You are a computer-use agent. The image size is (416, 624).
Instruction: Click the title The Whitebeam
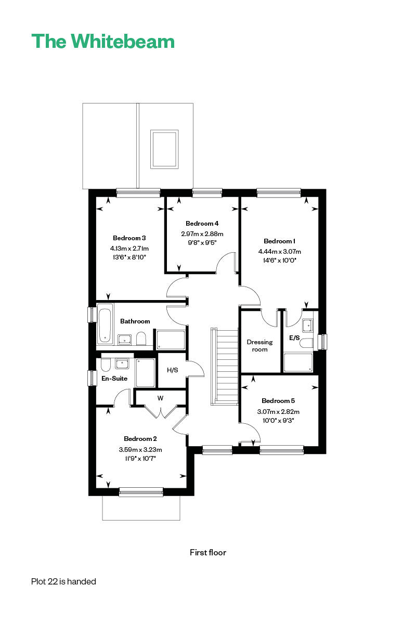point(103,41)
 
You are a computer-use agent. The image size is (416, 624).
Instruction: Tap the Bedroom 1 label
point(279,241)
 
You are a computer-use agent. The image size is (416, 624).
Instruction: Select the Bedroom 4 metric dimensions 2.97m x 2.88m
point(202,233)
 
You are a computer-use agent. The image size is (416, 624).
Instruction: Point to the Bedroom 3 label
point(129,238)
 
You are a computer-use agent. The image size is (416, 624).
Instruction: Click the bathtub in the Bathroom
point(105,323)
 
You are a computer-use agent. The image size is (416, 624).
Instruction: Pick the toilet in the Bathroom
point(141,339)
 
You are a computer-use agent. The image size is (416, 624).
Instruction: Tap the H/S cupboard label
point(172,370)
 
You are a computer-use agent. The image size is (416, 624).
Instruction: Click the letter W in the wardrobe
point(160,398)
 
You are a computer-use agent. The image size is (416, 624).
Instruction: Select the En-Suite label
point(114,379)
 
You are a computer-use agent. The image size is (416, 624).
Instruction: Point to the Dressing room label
point(259,345)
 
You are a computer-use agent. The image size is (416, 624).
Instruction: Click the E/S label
point(294,338)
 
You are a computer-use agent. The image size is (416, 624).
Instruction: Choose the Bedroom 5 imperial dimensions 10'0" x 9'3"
point(278,420)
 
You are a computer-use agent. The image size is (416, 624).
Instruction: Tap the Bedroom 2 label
point(140,439)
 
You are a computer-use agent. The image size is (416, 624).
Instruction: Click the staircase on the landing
point(225,366)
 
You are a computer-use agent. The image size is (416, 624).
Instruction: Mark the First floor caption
point(208,552)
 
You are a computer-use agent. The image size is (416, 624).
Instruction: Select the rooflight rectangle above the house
point(164,149)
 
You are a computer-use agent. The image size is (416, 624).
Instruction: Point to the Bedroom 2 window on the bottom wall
point(141,492)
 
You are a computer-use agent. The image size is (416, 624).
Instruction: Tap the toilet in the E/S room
point(306,343)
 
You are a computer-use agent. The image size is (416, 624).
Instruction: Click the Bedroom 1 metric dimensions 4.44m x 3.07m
point(279,252)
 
